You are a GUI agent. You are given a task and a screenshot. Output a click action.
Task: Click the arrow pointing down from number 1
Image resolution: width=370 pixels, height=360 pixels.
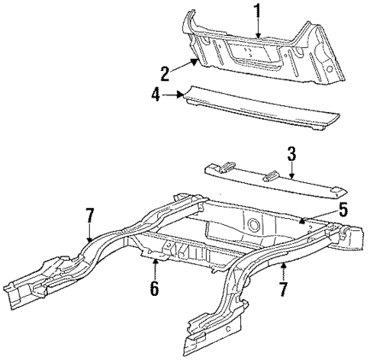coord(258,28)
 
